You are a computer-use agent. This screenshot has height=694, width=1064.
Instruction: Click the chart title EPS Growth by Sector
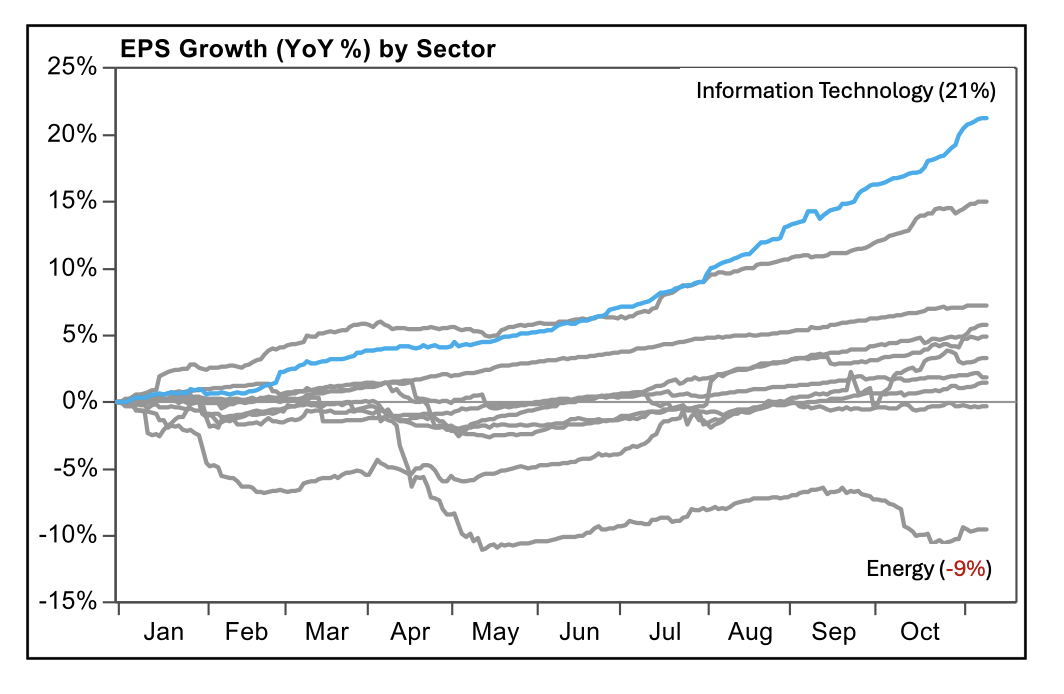(x=308, y=48)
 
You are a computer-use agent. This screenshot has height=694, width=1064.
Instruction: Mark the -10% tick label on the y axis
(x=68, y=535)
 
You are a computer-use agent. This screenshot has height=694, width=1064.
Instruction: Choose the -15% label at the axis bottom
(x=68, y=602)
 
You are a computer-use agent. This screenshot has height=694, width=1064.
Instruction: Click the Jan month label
(x=164, y=632)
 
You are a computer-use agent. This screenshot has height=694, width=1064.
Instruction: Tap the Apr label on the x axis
(x=410, y=632)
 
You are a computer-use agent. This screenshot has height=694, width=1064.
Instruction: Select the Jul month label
(x=665, y=632)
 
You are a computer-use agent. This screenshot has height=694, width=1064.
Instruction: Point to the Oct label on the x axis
(x=920, y=632)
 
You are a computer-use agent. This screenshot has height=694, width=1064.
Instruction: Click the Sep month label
(x=834, y=632)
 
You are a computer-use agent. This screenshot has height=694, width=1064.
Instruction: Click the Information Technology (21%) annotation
(x=845, y=91)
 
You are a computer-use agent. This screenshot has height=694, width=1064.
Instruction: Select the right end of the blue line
(x=988, y=118)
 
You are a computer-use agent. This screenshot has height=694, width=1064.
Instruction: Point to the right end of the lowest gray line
(x=988, y=529)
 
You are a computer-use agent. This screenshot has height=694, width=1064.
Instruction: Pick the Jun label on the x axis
(x=580, y=632)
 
